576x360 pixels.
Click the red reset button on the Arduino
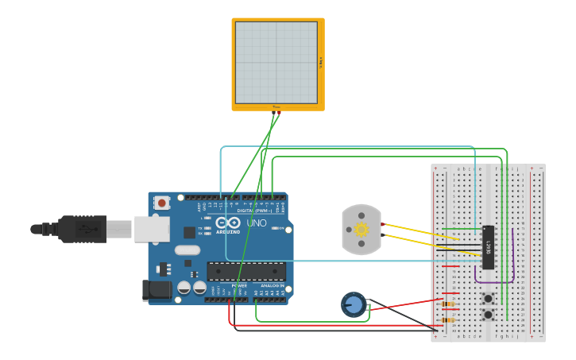162,203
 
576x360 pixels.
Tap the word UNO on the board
257,223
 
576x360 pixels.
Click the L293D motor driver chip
488,246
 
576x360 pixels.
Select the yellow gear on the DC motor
361,230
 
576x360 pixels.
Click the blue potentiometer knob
354,304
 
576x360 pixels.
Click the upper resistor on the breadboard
448,304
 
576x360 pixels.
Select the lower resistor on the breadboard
448,320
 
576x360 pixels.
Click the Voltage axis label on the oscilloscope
321,62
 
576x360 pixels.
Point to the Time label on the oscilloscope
276,107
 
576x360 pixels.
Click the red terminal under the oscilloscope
279,113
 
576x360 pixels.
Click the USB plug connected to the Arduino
83,229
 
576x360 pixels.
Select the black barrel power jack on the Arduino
157,290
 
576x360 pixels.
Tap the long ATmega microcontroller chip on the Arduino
246,271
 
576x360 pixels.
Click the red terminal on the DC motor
383,224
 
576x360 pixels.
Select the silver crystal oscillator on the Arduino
187,250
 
